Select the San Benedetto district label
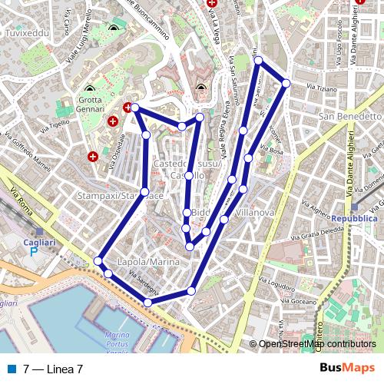(x=349, y=116)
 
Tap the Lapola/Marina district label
(x=148, y=262)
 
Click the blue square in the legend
(x=12, y=369)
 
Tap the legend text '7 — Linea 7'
(x=53, y=369)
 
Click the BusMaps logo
(x=348, y=368)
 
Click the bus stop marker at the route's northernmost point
(x=259, y=60)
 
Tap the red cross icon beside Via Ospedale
(x=93, y=156)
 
